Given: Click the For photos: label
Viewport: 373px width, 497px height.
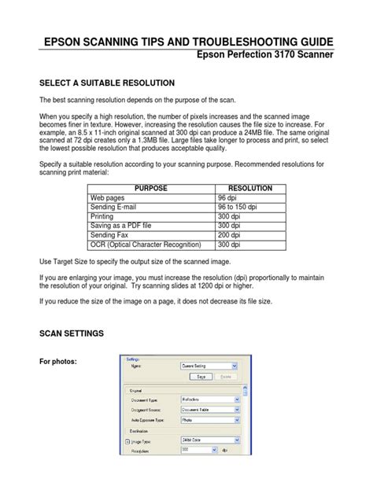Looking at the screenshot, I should [x=61, y=362].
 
